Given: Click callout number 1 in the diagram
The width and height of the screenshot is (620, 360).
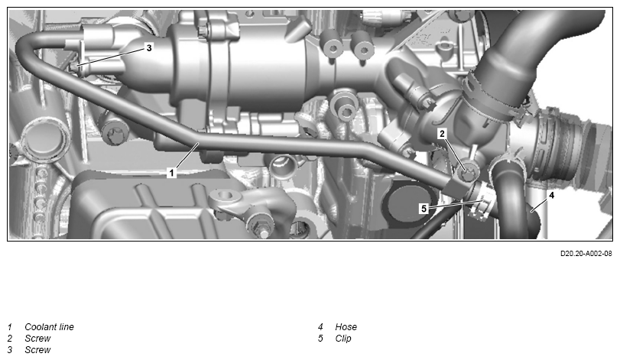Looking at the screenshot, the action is [x=171, y=173].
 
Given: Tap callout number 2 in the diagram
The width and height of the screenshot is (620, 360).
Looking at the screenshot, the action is [x=442, y=134].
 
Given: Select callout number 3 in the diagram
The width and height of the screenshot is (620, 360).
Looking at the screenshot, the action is [x=148, y=48].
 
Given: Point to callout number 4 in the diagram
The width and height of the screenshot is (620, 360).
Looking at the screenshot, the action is [x=551, y=195].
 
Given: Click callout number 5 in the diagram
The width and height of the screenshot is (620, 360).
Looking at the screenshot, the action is [x=424, y=208].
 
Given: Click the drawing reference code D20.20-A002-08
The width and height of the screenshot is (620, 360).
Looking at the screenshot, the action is [x=586, y=253].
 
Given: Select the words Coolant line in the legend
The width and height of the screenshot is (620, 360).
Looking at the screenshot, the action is [x=49, y=327].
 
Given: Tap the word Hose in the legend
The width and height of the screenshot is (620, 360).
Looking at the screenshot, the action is [x=346, y=327].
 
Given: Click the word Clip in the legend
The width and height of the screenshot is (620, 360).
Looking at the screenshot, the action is [x=343, y=339].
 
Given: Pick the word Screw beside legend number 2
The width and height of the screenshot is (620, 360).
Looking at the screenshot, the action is [x=37, y=339].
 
